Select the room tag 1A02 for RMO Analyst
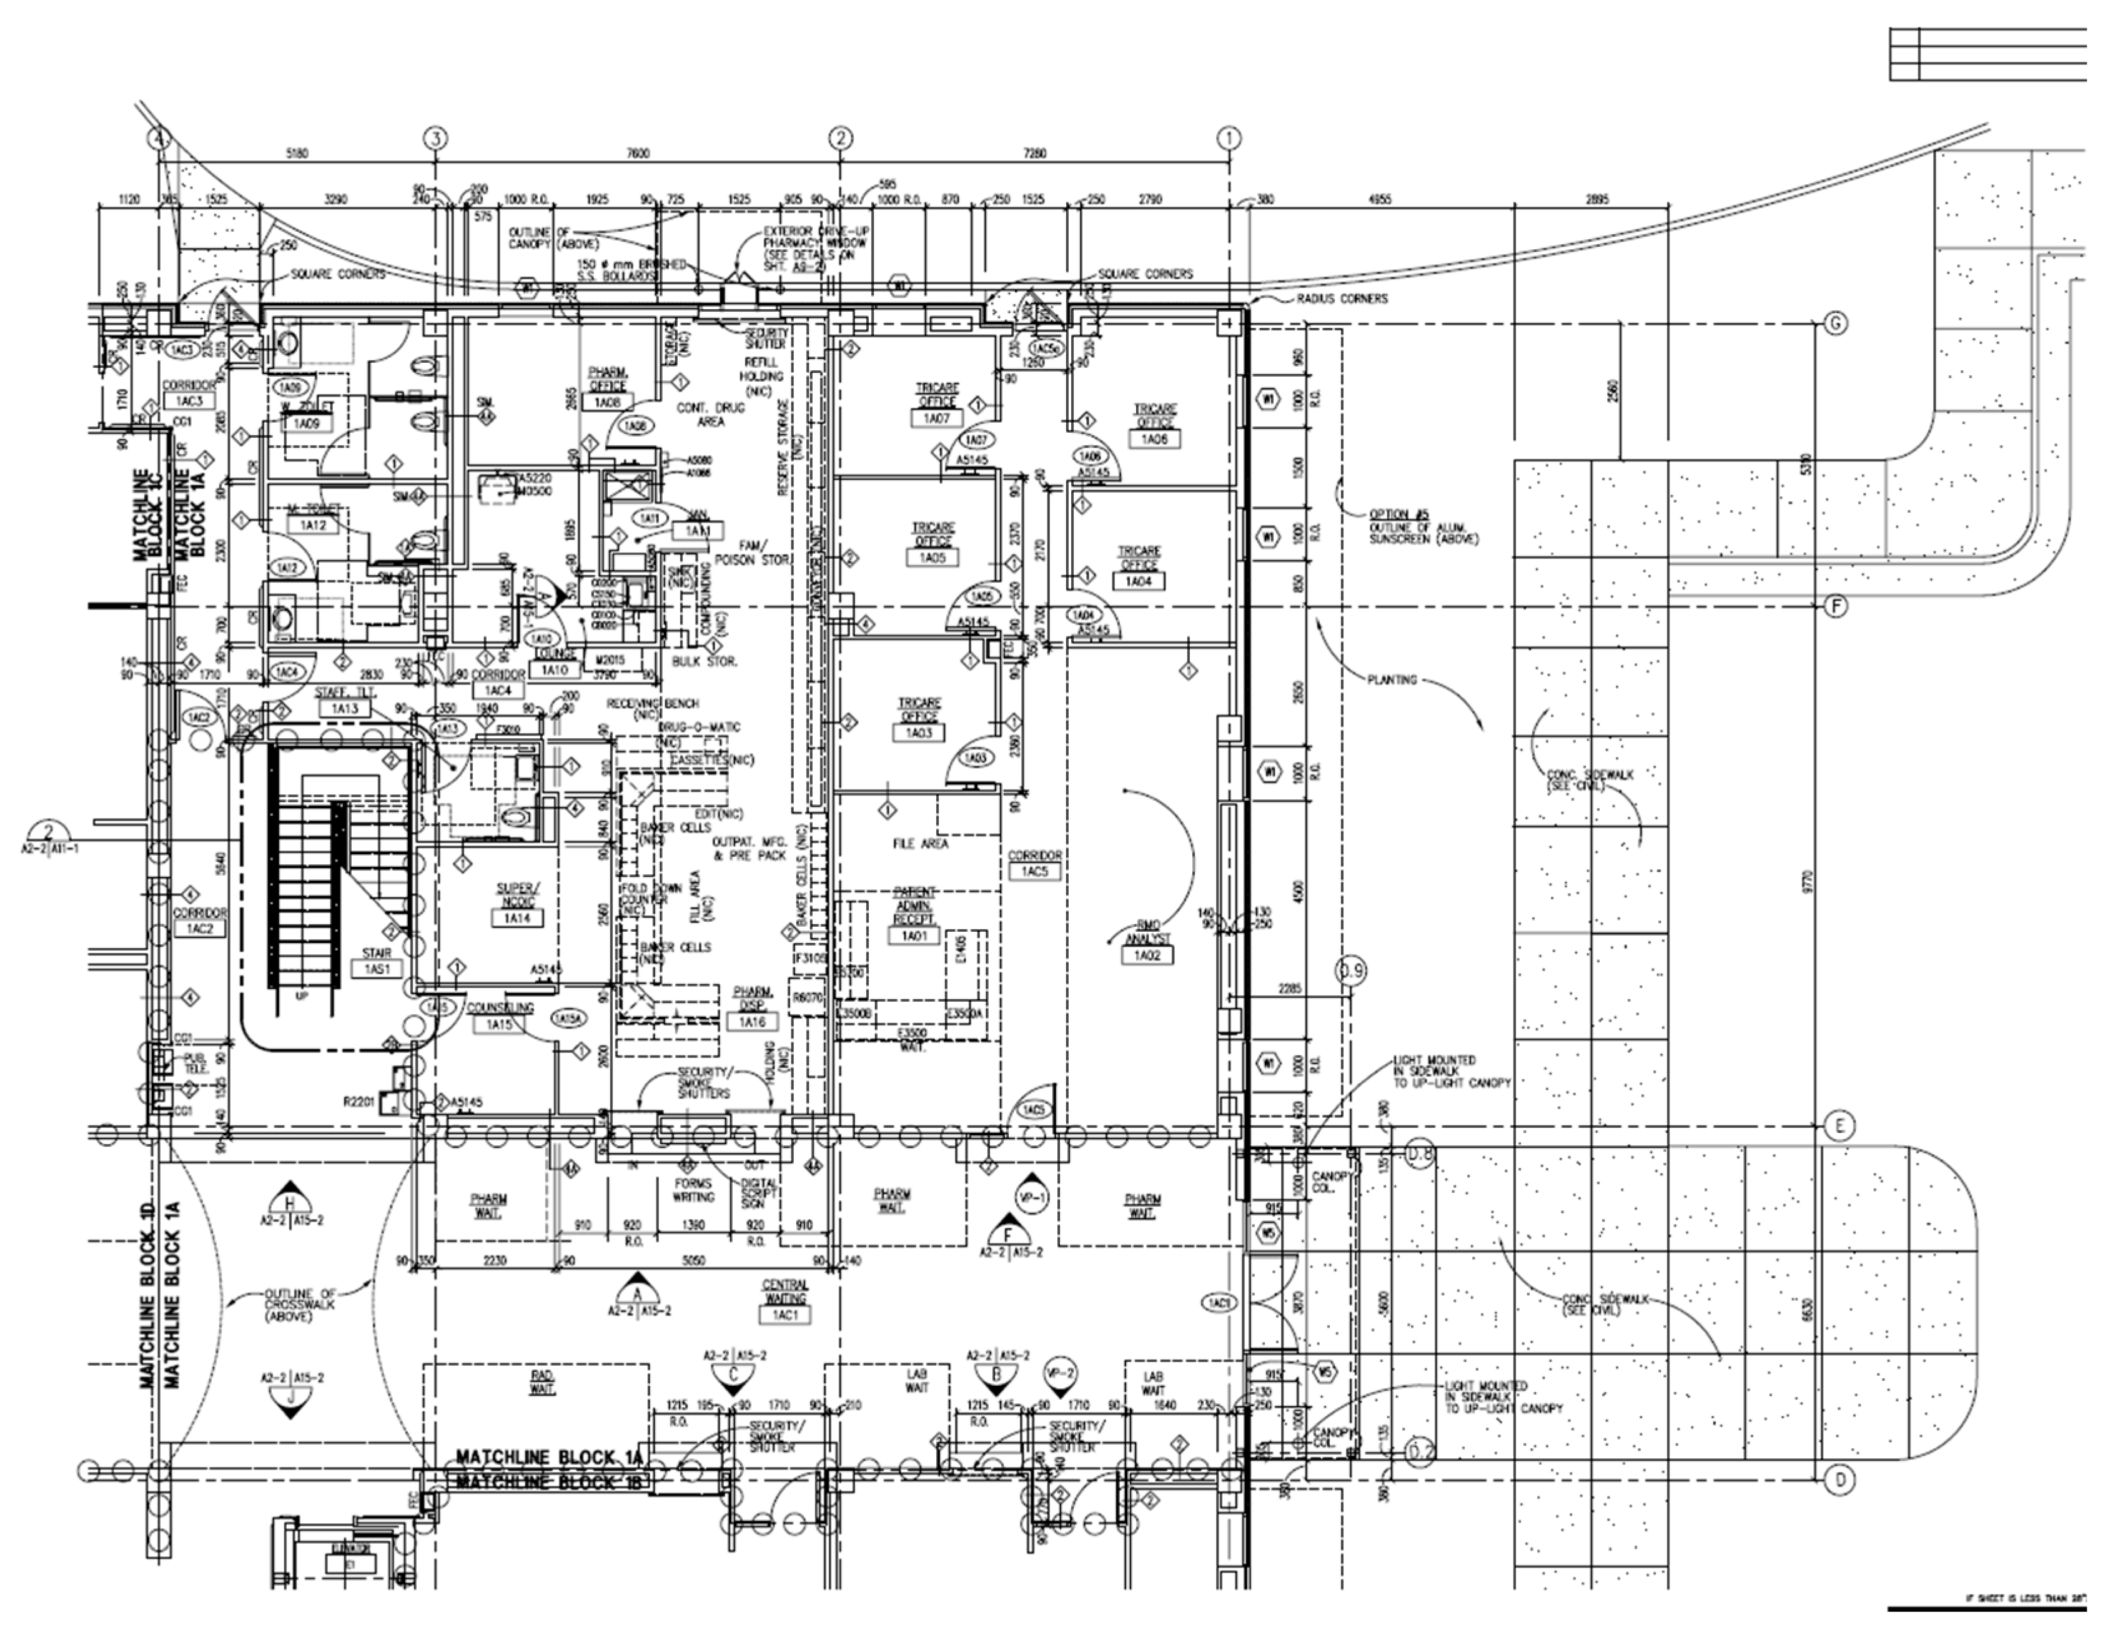[1147, 955]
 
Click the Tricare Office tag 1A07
[936, 418]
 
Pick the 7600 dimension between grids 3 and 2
[638, 153]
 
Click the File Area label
[920, 844]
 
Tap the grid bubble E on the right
[1838, 1126]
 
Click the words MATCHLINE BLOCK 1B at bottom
[550, 1483]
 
